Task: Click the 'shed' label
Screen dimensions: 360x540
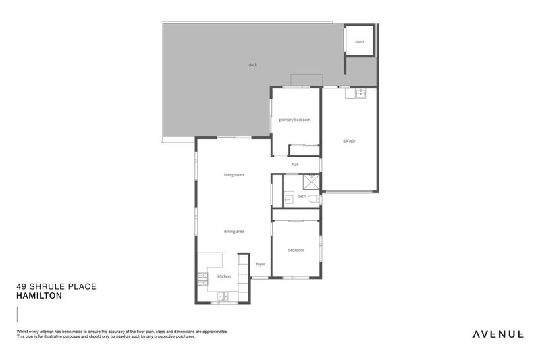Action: (359, 42)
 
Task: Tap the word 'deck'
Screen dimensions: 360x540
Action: (252, 65)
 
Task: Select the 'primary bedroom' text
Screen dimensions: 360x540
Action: (295, 120)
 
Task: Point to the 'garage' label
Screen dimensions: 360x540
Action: (349, 140)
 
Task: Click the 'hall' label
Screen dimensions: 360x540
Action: (295, 164)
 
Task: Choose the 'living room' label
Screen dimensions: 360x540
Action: (234, 174)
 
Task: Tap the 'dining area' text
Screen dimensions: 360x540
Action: (234, 231)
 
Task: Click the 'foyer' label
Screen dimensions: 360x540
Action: (261, 264)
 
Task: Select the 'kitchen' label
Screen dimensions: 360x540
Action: (223, 276)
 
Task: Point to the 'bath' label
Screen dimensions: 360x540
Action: (301, 197)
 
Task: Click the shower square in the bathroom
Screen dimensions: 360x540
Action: (310, 181)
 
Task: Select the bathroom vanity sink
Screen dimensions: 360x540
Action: (288, 199)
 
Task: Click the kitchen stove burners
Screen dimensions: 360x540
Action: (202, 277)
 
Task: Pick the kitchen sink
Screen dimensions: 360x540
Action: (223, 296)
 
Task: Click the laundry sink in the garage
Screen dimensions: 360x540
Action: (360, 94)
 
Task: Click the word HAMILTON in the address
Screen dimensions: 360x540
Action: (39, 295)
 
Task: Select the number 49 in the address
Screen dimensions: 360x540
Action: (21, 286)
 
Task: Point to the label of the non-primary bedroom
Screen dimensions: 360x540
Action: (296, 250)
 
